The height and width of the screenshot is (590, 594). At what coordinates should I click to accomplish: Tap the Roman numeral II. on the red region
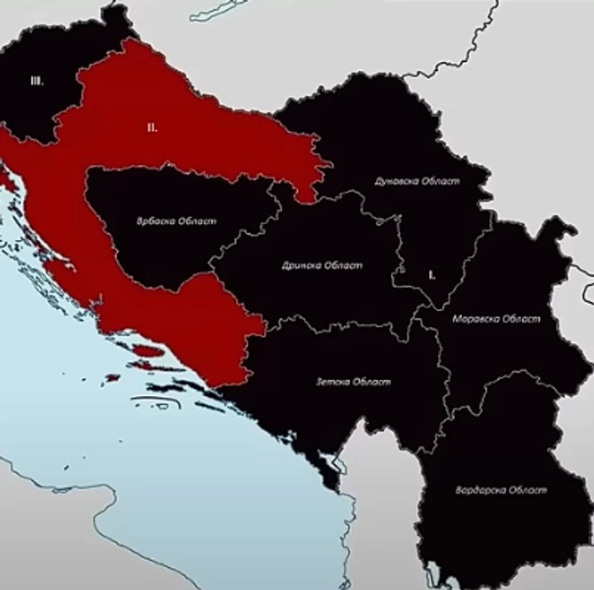[152, 128]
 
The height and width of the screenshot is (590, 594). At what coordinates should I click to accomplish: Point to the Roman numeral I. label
[431, 275]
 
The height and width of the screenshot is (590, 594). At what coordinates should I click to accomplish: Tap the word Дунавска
[392, 182]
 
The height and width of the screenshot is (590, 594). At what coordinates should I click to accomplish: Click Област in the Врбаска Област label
[196, 221]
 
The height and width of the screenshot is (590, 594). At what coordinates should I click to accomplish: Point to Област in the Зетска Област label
[371, 383]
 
